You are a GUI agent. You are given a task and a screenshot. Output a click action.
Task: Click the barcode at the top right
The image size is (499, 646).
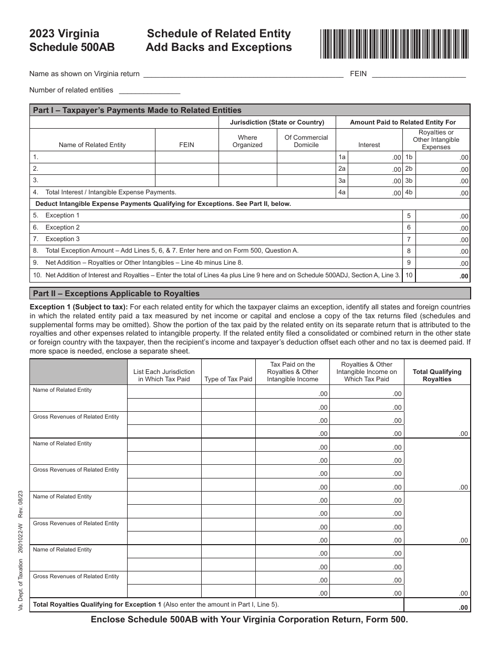coord(394,43)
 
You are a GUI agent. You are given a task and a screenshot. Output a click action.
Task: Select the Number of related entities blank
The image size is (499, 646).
coord(149,90)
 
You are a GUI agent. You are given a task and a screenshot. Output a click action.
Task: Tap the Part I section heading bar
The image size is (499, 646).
coord(250,110)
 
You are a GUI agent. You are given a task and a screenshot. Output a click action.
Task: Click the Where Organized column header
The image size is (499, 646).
coord(247,141)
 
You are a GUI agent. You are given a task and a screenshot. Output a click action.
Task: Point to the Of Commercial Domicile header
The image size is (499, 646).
coord(306,141)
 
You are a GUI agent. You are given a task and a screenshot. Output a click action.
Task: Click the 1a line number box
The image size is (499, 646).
coord(342,157)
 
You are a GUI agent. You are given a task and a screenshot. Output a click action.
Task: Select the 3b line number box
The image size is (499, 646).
coord(409,181)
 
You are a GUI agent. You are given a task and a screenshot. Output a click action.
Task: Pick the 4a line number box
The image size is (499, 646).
coord(342,193)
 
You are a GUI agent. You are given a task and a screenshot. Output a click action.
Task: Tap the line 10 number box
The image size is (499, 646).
coord(409,275)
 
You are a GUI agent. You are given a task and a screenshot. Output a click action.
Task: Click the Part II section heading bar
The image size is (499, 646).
coord(250,294)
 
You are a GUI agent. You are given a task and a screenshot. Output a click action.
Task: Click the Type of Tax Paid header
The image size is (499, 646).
coord(228,379)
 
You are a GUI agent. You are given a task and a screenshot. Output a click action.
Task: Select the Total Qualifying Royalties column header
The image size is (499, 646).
coord(436,375)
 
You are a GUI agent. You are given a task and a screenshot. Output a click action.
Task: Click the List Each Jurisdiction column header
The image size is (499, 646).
coord(164,375)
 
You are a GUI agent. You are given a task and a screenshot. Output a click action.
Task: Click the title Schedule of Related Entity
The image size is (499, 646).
coord(219,34)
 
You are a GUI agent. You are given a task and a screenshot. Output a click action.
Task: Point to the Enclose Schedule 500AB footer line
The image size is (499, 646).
coord(249,620)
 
